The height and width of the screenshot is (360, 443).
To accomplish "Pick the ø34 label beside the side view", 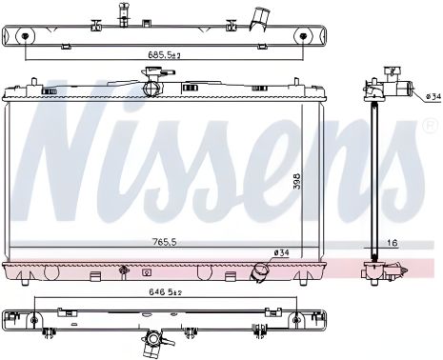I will [433, 97].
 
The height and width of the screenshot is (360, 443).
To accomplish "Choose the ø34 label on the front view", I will [281, 251].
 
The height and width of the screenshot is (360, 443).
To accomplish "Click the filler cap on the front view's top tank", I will [151, 89].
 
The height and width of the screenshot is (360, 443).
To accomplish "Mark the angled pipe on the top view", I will [258, 18].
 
